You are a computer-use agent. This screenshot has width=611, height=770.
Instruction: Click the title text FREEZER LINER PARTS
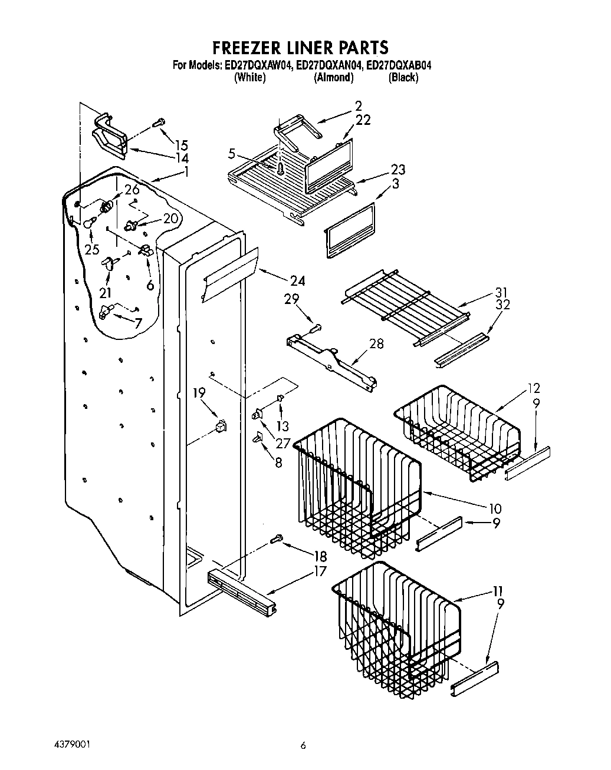pos(300,47)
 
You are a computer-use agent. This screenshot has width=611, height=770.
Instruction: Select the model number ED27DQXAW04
pos(258,65)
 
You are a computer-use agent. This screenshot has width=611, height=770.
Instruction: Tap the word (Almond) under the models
pos(333,77)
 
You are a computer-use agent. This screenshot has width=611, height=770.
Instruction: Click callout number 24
pos(298,281)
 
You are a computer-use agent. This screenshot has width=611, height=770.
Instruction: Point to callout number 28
pos(376,343)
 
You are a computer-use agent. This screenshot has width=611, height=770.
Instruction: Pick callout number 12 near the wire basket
pos(534,389)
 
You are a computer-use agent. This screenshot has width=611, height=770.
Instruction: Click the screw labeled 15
pos(158,123)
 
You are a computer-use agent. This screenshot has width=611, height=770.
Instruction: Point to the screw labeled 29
pos(316,325)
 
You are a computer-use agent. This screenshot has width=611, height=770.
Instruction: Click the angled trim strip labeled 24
pos(230,274)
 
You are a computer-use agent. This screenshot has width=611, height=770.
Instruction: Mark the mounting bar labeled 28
pos(330,359)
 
